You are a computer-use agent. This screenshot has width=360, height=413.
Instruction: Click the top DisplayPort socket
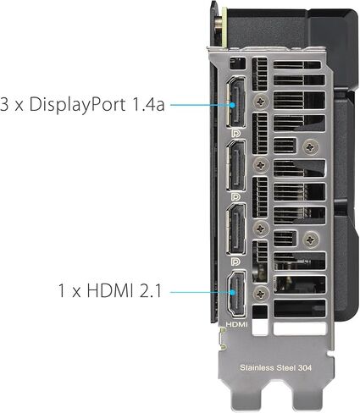click(236, 102)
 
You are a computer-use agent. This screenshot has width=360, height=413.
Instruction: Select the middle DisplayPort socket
click(236, 166)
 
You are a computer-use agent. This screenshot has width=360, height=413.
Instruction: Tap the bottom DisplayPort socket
click(236, 229)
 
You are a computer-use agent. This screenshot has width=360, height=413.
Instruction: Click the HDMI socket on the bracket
click(236, 294)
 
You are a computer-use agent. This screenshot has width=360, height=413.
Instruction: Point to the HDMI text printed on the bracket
click(236, 324)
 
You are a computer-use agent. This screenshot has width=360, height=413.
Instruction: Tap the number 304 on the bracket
click(304, 367)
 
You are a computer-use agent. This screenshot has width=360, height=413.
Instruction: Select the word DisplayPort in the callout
click(77, 105)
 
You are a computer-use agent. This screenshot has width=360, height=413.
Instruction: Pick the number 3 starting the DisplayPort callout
click(4, 104)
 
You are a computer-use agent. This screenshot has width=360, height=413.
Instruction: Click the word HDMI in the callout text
click(110, 290)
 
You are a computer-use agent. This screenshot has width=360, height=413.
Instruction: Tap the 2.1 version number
click(151, 290)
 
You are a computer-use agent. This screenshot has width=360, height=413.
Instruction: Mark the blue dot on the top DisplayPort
click(232, 105)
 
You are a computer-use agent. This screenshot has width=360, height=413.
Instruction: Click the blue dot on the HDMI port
click(232, 292)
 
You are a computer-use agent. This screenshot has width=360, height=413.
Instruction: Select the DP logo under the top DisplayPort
click(235, 133)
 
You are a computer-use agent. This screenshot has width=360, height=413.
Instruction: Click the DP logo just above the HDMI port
click(235, 262)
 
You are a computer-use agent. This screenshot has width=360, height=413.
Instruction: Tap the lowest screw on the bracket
click(261, 294)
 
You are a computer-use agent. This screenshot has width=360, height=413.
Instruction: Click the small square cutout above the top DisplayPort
click(237, 63)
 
